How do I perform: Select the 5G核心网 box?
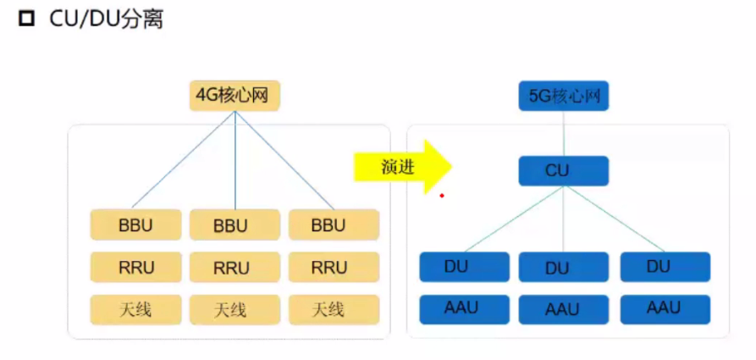tap(563, 96)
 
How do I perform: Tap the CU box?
tap(563, 171)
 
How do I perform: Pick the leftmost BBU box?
tap(135, 225)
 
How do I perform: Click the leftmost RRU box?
tap(135, 268)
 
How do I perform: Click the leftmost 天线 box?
tap(135, 310)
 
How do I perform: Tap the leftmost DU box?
tap(465, 267)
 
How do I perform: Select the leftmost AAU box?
tap(465, 308)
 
